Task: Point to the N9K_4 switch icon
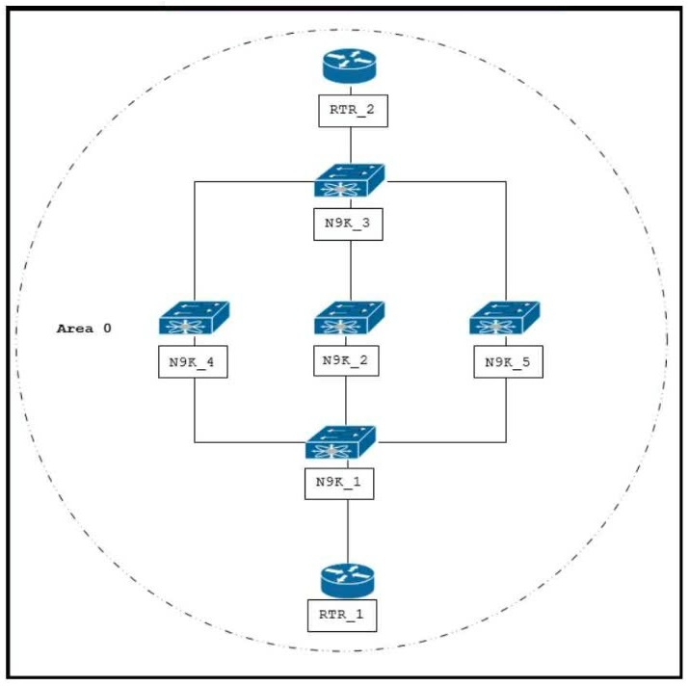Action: (x=194, y=320)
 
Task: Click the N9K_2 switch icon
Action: (x=349, y=320)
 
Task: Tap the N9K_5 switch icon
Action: (x=505, y=320)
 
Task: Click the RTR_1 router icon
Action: (x=347, y=579)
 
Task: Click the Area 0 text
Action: (x=84, y=329)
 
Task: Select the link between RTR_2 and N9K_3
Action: (x=349, y=145)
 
